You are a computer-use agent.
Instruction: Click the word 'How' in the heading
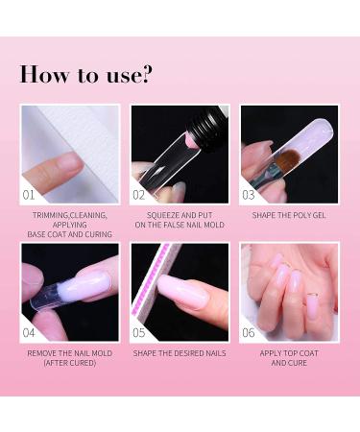click(x=43, y=74)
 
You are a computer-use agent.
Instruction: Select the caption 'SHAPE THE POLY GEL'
click(x=289, y=215)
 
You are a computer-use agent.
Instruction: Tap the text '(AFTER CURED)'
click(x=70, y=364)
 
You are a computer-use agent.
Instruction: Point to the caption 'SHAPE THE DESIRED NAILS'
click(x=180, y=354)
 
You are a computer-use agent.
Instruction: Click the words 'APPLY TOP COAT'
click(x=289, y=354)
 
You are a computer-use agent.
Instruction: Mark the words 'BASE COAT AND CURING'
click(x=70, y=234)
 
